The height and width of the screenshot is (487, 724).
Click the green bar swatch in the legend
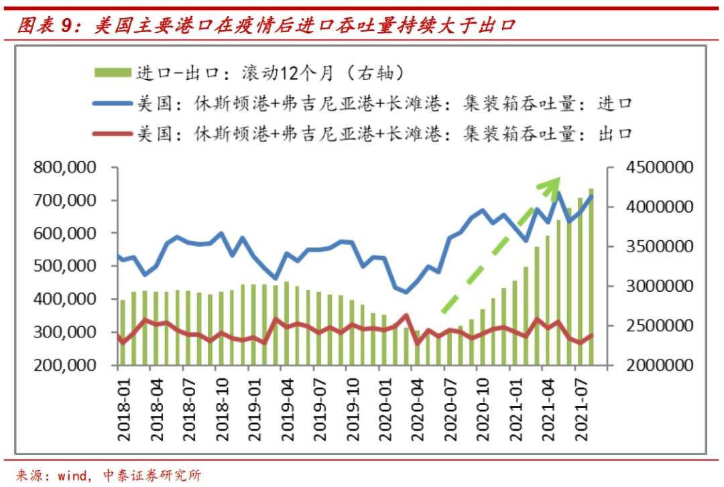(x=113, y=72)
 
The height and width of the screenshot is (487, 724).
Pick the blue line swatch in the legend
(x=113, y=103)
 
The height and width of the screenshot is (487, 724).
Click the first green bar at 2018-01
(x=123, y=333)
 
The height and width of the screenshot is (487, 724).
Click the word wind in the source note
(x=72, y=476)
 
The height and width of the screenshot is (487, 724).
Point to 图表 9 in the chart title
(x=43, y=26)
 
